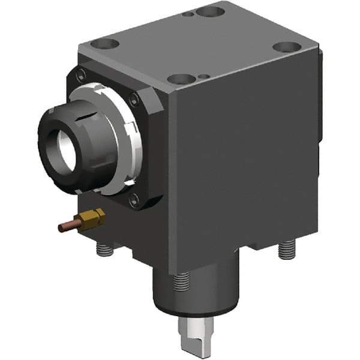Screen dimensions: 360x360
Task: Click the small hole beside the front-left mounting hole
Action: (205, 76)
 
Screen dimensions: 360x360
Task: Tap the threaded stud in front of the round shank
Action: (181, 282)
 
